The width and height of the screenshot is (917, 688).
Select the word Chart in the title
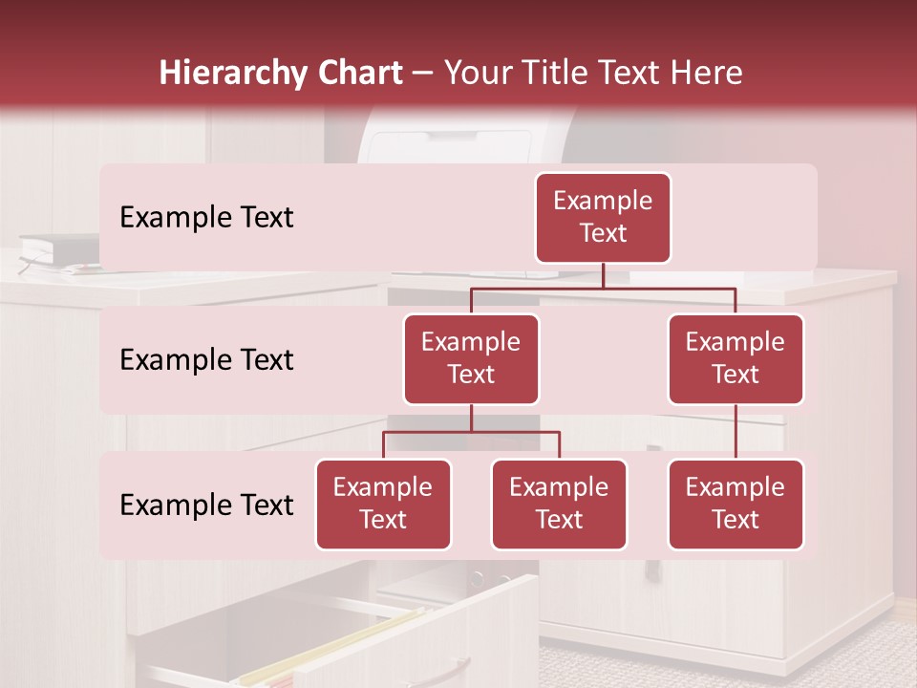tap(355, 74)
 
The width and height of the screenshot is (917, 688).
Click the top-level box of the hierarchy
tap(603, 218)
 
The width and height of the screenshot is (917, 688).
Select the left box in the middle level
tap(471, 359)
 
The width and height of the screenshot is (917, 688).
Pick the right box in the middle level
tap(736, 359)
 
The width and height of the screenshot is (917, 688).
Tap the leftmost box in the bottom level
tap(383, 505)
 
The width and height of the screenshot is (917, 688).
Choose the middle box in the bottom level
tap(559, 505)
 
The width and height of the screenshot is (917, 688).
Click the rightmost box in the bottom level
tap(736, 505)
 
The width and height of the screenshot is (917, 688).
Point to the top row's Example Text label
tap(206, 218)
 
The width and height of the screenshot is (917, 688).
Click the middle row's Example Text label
tap(206, 360)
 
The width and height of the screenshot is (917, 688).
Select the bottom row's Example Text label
tap(206, 505)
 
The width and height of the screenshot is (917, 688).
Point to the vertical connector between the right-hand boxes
tap(736, 432)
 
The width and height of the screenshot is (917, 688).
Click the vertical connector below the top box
tap(603, 275)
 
